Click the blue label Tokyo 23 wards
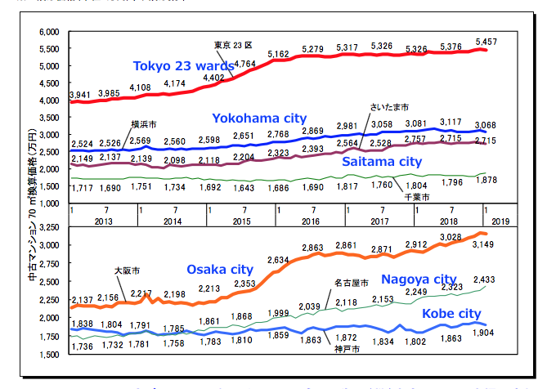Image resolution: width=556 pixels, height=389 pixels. coord(183,66)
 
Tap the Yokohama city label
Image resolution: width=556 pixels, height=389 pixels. coord(259,118)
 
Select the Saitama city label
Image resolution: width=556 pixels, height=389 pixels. coord(382,162)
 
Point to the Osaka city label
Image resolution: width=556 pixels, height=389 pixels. coord(220,269)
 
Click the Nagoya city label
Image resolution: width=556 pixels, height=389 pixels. coord(419,279)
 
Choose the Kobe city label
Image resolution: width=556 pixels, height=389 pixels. coord(451,313)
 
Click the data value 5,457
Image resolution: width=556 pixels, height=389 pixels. coord(486,41)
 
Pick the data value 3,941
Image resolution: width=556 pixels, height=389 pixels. coord(80,96)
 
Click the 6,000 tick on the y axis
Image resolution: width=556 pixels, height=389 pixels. coord(49,32)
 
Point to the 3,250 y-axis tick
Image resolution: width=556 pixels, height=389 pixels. coord(49,226)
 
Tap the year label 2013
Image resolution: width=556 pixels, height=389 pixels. coord(103,221)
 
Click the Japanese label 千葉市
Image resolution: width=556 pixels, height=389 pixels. coord(418,197)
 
